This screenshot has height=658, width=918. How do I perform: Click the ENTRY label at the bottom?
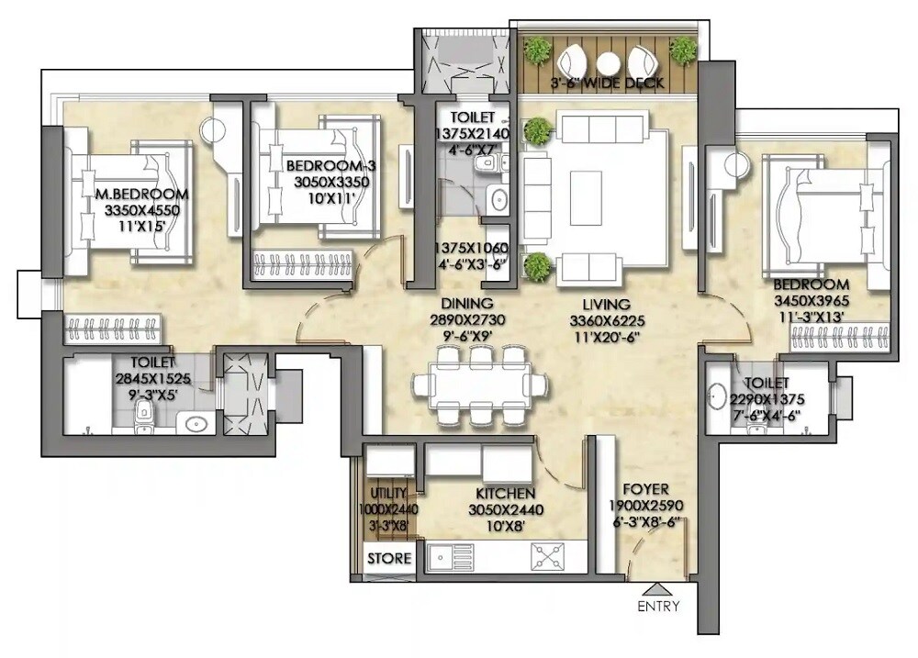[658, 607]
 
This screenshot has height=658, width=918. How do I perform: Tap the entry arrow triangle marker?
[658, 589]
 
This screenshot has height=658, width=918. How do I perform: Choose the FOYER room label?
[646, 489]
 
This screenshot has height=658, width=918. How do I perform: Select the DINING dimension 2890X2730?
[467, 320]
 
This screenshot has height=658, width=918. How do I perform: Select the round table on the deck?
[608, 63]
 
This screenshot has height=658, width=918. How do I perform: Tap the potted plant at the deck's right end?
[682, 50]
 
